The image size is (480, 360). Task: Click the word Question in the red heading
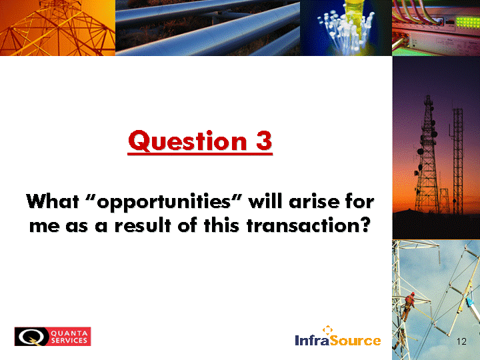[x=187, y=141]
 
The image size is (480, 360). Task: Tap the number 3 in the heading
[x=264, y=141]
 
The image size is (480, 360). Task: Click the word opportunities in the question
[x=163, y=203]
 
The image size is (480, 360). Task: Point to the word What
[x=53, y=201]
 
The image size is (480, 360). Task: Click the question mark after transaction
[x=365, y=225]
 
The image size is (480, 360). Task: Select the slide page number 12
[x=461, y=341]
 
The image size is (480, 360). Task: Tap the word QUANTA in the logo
[x=69, y=333]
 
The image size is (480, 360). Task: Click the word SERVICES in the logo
[x=69, y=341]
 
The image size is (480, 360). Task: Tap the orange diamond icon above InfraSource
[x=327, y=330]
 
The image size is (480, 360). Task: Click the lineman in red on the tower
[x=409, y=306]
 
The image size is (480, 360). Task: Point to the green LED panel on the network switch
[x=467, y=22]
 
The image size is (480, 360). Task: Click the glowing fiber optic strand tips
[x=346, y=28]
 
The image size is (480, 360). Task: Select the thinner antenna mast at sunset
[x=458, y=161]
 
